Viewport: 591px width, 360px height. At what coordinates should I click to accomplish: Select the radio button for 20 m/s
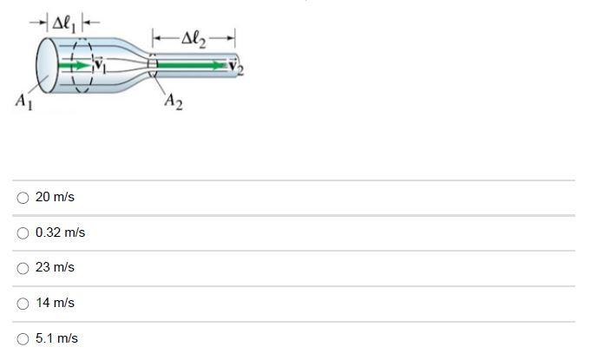click(23, 198)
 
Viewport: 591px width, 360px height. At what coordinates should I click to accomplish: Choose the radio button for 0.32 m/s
click(23, 232)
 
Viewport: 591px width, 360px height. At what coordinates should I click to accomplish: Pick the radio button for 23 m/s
click(23, 268)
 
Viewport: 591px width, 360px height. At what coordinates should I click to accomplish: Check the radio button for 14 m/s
click(23, 304)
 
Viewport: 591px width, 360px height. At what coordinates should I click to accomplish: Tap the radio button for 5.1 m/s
click(23, 338)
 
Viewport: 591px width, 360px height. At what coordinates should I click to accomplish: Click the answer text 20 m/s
click(55, 198)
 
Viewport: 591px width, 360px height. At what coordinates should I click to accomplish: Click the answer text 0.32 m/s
click(60, 232)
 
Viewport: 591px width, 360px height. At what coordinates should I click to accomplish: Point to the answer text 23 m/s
click(55, 268)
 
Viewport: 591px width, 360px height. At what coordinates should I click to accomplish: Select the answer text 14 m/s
click(55, 304)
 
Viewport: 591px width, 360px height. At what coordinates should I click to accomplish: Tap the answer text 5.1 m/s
click(56, 338)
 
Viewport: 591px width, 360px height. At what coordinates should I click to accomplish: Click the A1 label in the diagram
click(23, 101)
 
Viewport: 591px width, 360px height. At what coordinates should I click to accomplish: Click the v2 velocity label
click(236, 68)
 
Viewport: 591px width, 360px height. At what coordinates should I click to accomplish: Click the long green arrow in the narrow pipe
click(195, 64)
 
